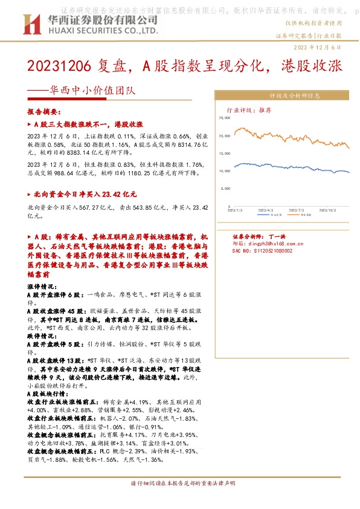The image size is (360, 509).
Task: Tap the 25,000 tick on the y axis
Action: tap(223, 119)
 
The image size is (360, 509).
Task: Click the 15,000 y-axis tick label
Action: tap(223, 154)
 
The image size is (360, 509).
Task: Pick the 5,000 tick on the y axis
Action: tap(224, 189)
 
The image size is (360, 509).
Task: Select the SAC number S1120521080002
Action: tap(254, 250)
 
